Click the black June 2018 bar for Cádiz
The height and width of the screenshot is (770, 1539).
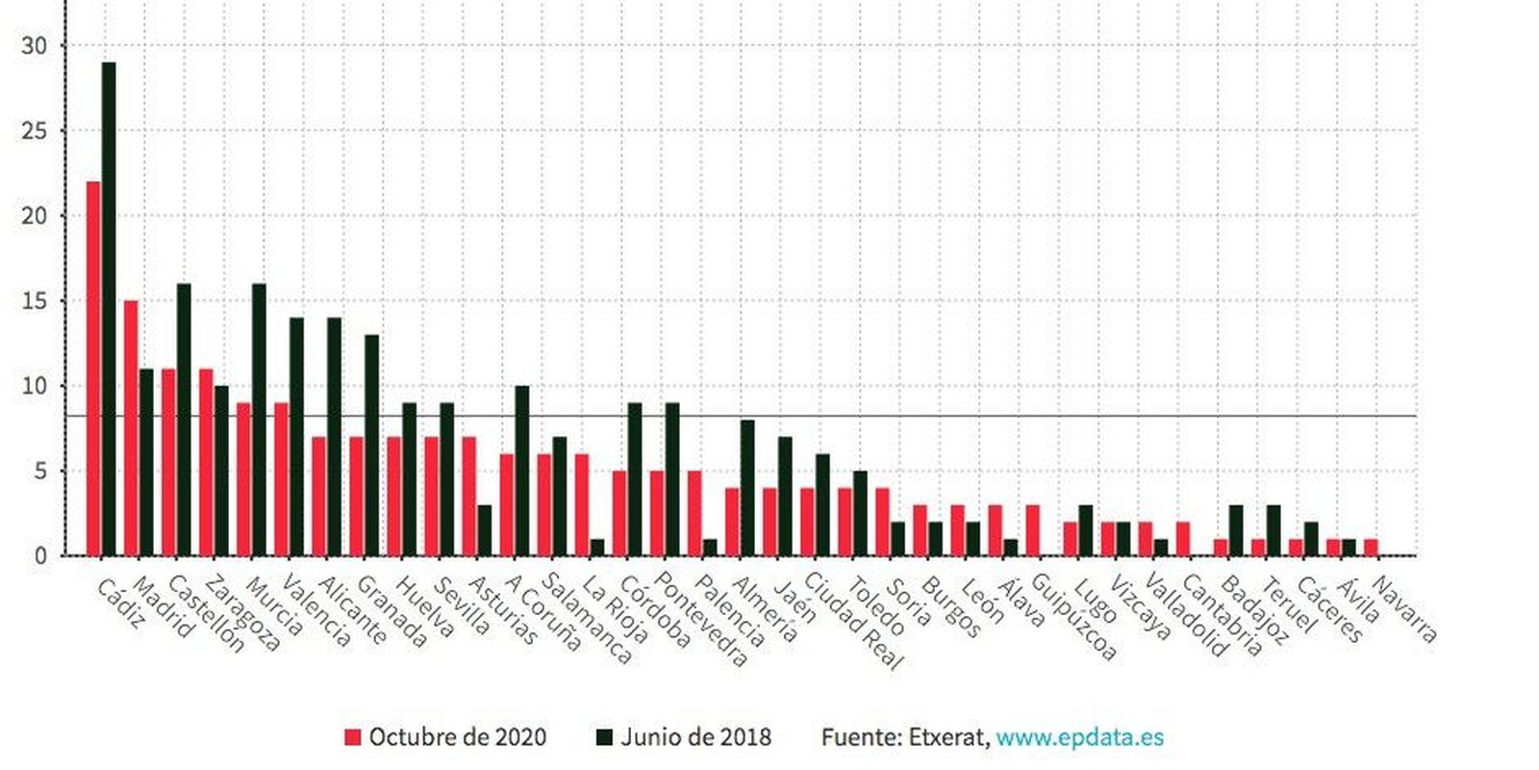click(109, 308)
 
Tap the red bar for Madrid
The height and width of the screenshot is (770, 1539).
click(131, 428)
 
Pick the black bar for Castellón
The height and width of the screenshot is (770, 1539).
click(184, 420)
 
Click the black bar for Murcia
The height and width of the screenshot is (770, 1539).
click(259, 420)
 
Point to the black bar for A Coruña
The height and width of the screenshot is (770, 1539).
click(522, 471)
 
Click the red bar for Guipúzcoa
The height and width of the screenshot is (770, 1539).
click(1033, 530)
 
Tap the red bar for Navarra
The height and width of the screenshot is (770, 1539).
click(1371, 548)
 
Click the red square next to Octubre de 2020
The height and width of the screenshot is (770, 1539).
click(353, 738)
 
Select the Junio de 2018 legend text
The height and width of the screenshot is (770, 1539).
click(695, 738)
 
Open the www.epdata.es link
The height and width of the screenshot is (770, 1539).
click(1079, 738)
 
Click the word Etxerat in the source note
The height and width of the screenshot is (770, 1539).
click(947, 738)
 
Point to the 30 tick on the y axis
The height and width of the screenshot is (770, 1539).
click(34, 45)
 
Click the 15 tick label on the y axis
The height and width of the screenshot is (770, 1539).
click(34, 300)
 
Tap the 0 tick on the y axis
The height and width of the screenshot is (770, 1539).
click(39, 556)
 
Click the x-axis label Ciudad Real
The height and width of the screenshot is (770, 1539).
click(853, 621)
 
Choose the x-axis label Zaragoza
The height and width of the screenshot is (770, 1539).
click(242, 614)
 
